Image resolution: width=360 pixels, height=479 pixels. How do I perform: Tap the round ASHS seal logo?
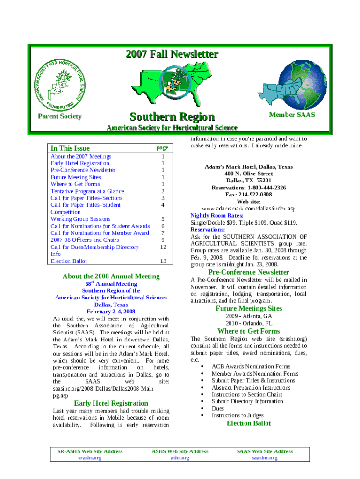pyautogui.click(x=60, y=85)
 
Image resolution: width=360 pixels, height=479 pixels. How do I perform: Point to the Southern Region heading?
pyautogui.click(x=172, y=116)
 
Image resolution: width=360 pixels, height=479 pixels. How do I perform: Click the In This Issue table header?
pyautogui.click(x=70, y=148)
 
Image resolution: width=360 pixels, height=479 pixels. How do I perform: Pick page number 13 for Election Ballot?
pyautogui.click(x=163, y=261)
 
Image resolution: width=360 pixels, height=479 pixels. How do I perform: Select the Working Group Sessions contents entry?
pyautogui.click(x=80, y=219)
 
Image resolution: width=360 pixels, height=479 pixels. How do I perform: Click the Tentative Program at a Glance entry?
pyautogui.click(x=87, y=191)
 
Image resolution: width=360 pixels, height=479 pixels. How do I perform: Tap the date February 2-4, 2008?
pyautogui.click(x=111, y=312)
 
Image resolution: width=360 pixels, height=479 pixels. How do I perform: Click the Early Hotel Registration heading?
pyautogui.click(x=111, y=403)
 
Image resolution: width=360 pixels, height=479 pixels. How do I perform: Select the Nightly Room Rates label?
pyautogui.click(x=217, y=216)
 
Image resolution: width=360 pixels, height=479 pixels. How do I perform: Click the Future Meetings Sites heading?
pyautogui.click(x=249, y=309)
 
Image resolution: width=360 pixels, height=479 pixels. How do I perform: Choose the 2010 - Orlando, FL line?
pyautogui.click(x=249, y=323)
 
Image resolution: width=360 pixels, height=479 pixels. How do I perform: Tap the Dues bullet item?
pyautogui.click(x=218, y=408)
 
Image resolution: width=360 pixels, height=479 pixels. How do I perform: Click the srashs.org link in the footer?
pyautogui.click(x=90, y=458)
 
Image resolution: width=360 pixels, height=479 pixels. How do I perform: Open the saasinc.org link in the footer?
pyautogui.click(x=265, y=458)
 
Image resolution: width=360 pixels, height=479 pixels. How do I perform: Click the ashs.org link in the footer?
pyautogui.click(x=180, y=458)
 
